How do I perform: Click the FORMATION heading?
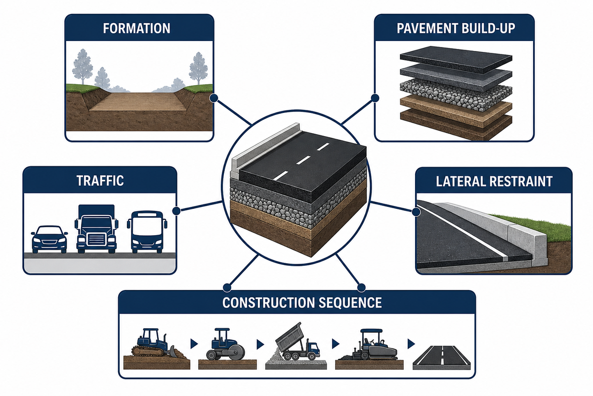coord(136,28)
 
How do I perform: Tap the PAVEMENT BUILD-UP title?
coord(456,28)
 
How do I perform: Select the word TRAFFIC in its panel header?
coord(100,181)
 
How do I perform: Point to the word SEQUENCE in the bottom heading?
coord(350,302)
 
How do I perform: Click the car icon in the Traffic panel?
coord(49,239)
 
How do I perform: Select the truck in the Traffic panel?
coord(96,229)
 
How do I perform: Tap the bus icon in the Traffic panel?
coord(147,232)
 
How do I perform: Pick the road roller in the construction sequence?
coord(225,345)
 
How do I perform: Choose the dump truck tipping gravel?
coord(297,342)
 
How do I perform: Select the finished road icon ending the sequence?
coord(441,357)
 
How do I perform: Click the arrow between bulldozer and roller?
coord(194,344)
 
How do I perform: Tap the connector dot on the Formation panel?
coord(213,98)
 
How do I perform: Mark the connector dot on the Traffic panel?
coord(176,211)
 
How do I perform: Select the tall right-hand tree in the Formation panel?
coord(198,68)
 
